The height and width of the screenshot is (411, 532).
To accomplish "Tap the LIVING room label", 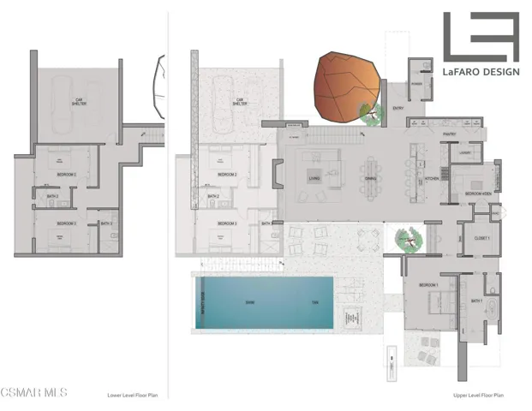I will [x=314, y=179].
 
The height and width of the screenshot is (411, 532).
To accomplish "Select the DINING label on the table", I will [x=370, y=179].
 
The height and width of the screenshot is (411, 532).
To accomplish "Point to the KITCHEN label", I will [x=432, y=179].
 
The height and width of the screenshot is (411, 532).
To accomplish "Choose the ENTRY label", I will [x=398, y=109].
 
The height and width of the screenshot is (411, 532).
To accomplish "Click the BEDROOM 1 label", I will [x=428, y=284].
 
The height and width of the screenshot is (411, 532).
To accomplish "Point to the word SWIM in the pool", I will [x=250, y=302].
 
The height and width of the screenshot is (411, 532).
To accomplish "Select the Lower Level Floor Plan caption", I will [x=132, y=396].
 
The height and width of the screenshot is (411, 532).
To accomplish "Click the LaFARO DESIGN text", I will [x=481, y=72].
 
